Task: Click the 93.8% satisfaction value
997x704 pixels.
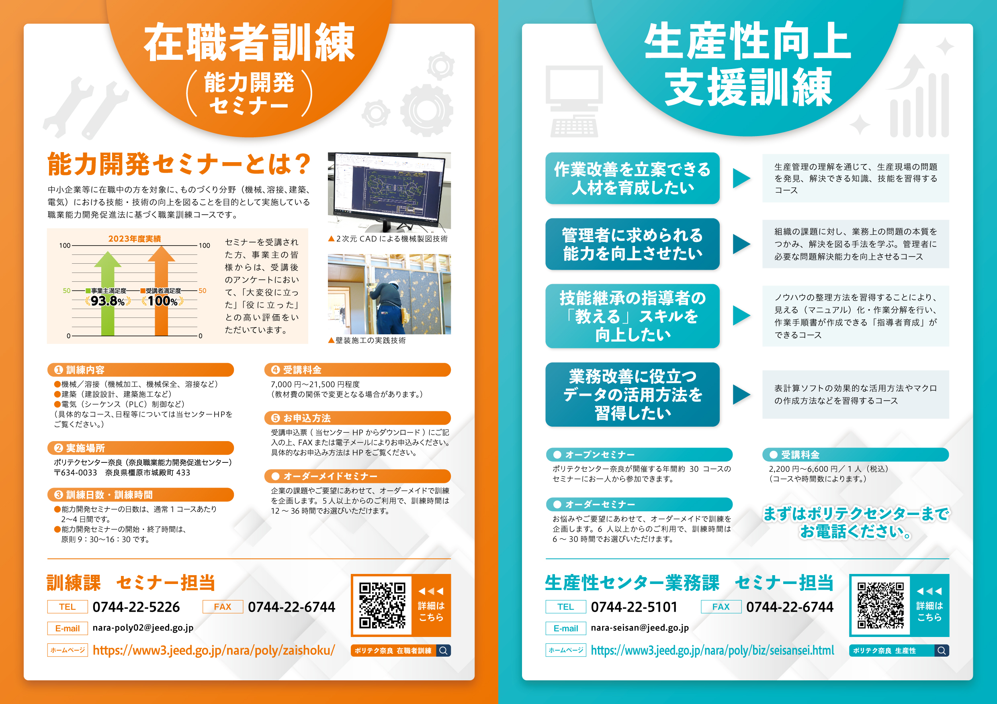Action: point(108,301)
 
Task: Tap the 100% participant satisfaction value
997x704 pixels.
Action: point(162,301)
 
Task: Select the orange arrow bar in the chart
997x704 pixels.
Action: point(162,291)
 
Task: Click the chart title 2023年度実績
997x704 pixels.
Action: point(135,238)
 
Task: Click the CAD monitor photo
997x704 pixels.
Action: point(389,192)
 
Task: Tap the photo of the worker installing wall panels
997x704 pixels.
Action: point(389,294)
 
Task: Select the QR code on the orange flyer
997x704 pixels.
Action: point(382,605)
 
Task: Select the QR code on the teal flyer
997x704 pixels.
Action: point(880,605)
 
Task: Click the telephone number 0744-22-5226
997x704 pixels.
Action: point(136,607)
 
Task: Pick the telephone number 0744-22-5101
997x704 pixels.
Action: point(634,607)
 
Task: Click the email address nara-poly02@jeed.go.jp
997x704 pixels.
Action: point(143,628)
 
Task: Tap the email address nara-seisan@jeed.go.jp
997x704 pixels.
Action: point(640,628)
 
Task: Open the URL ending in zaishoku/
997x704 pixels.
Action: point(214,650)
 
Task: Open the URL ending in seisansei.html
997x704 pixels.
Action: point(712,650)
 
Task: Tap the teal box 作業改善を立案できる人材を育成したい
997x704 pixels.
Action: point(632,178)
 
